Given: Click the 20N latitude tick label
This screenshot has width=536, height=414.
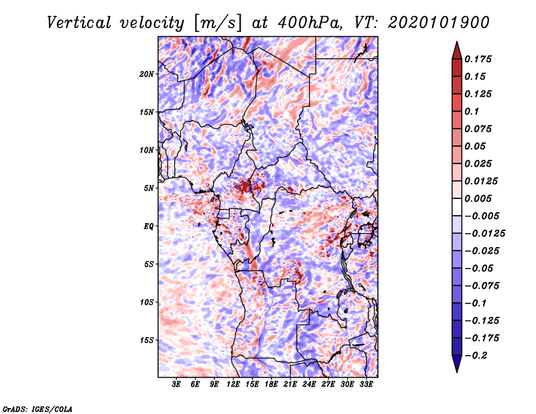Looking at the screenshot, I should [147, 74].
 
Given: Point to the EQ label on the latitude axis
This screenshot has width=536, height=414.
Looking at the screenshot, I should [149, 226].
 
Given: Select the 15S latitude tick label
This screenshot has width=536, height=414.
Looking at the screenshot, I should [147, 340].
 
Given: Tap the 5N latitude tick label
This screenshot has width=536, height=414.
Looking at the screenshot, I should [149, 188].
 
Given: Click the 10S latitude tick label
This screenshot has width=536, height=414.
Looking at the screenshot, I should [147, 302].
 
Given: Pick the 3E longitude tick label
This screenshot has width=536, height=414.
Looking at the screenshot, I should [177, 385].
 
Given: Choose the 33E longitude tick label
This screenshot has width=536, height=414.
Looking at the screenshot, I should [366, 385].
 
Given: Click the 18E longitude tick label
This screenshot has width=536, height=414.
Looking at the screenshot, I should [271, 385].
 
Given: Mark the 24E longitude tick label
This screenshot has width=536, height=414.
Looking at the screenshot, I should [310, 385].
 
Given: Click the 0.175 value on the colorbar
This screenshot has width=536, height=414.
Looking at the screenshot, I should [478, 59].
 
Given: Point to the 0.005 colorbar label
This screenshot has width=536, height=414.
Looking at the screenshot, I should [478, 198].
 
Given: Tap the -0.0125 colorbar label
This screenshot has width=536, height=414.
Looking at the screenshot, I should [486, 233].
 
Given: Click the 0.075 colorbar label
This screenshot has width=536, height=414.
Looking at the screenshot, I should [478, 129].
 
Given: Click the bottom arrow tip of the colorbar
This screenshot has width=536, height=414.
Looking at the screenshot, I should [456, 370].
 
